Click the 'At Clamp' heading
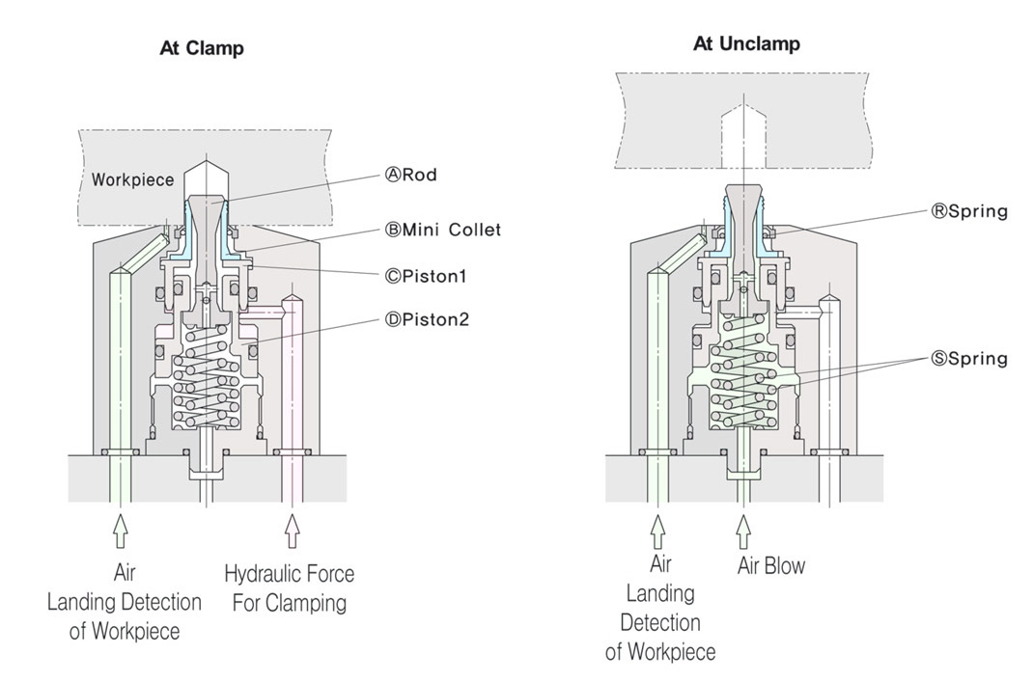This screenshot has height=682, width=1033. (202, 49)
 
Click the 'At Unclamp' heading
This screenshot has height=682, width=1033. (746, 44)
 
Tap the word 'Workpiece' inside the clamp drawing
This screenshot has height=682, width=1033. (132, 180)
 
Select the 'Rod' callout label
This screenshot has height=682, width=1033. (410, 176)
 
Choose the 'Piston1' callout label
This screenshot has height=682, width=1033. (426, 276)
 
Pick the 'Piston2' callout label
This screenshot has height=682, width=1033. (427, 319)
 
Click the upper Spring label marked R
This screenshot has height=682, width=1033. (968, 211)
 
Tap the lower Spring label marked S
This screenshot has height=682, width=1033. (968, 359)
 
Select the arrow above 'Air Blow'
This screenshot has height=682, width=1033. (742, 530)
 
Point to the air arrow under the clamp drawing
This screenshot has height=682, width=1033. (121, 530)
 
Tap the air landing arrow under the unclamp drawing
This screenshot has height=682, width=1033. (658, 530)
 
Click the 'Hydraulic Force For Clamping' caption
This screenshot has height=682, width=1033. (289, 589)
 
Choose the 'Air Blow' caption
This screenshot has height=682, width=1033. (771, 565)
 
